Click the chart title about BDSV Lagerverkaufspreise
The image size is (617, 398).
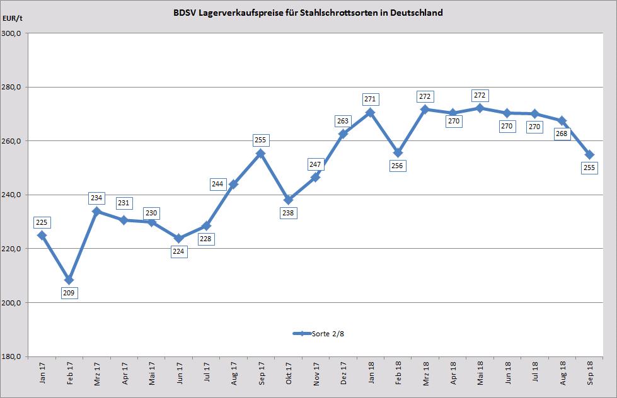click(x=308, y=12)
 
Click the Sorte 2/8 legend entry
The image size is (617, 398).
click(x=319, y=334)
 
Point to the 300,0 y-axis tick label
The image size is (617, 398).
click(x=13, y=33)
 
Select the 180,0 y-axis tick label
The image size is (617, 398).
click(x=13, y=356)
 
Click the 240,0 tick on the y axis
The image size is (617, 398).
click(x=13, y=195)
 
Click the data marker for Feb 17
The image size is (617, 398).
click(x=69, y=280)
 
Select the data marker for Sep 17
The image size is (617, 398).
click(x=261, y=154)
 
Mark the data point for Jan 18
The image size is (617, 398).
click(x=370, y=112)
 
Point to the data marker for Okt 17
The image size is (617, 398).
click(x=288, y=200)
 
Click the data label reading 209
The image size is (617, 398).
click(x=69, y=292)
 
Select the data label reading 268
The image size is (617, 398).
click(x=562, y=133)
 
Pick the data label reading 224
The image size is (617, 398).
click(x=179, y=251)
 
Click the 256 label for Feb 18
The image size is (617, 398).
click(x=398, y=166)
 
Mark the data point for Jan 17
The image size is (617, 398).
click(x=42, y=235)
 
